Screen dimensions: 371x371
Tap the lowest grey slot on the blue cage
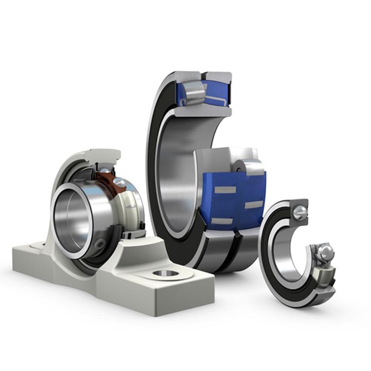tap(221, 221)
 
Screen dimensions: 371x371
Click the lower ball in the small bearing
tap(325, 252)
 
